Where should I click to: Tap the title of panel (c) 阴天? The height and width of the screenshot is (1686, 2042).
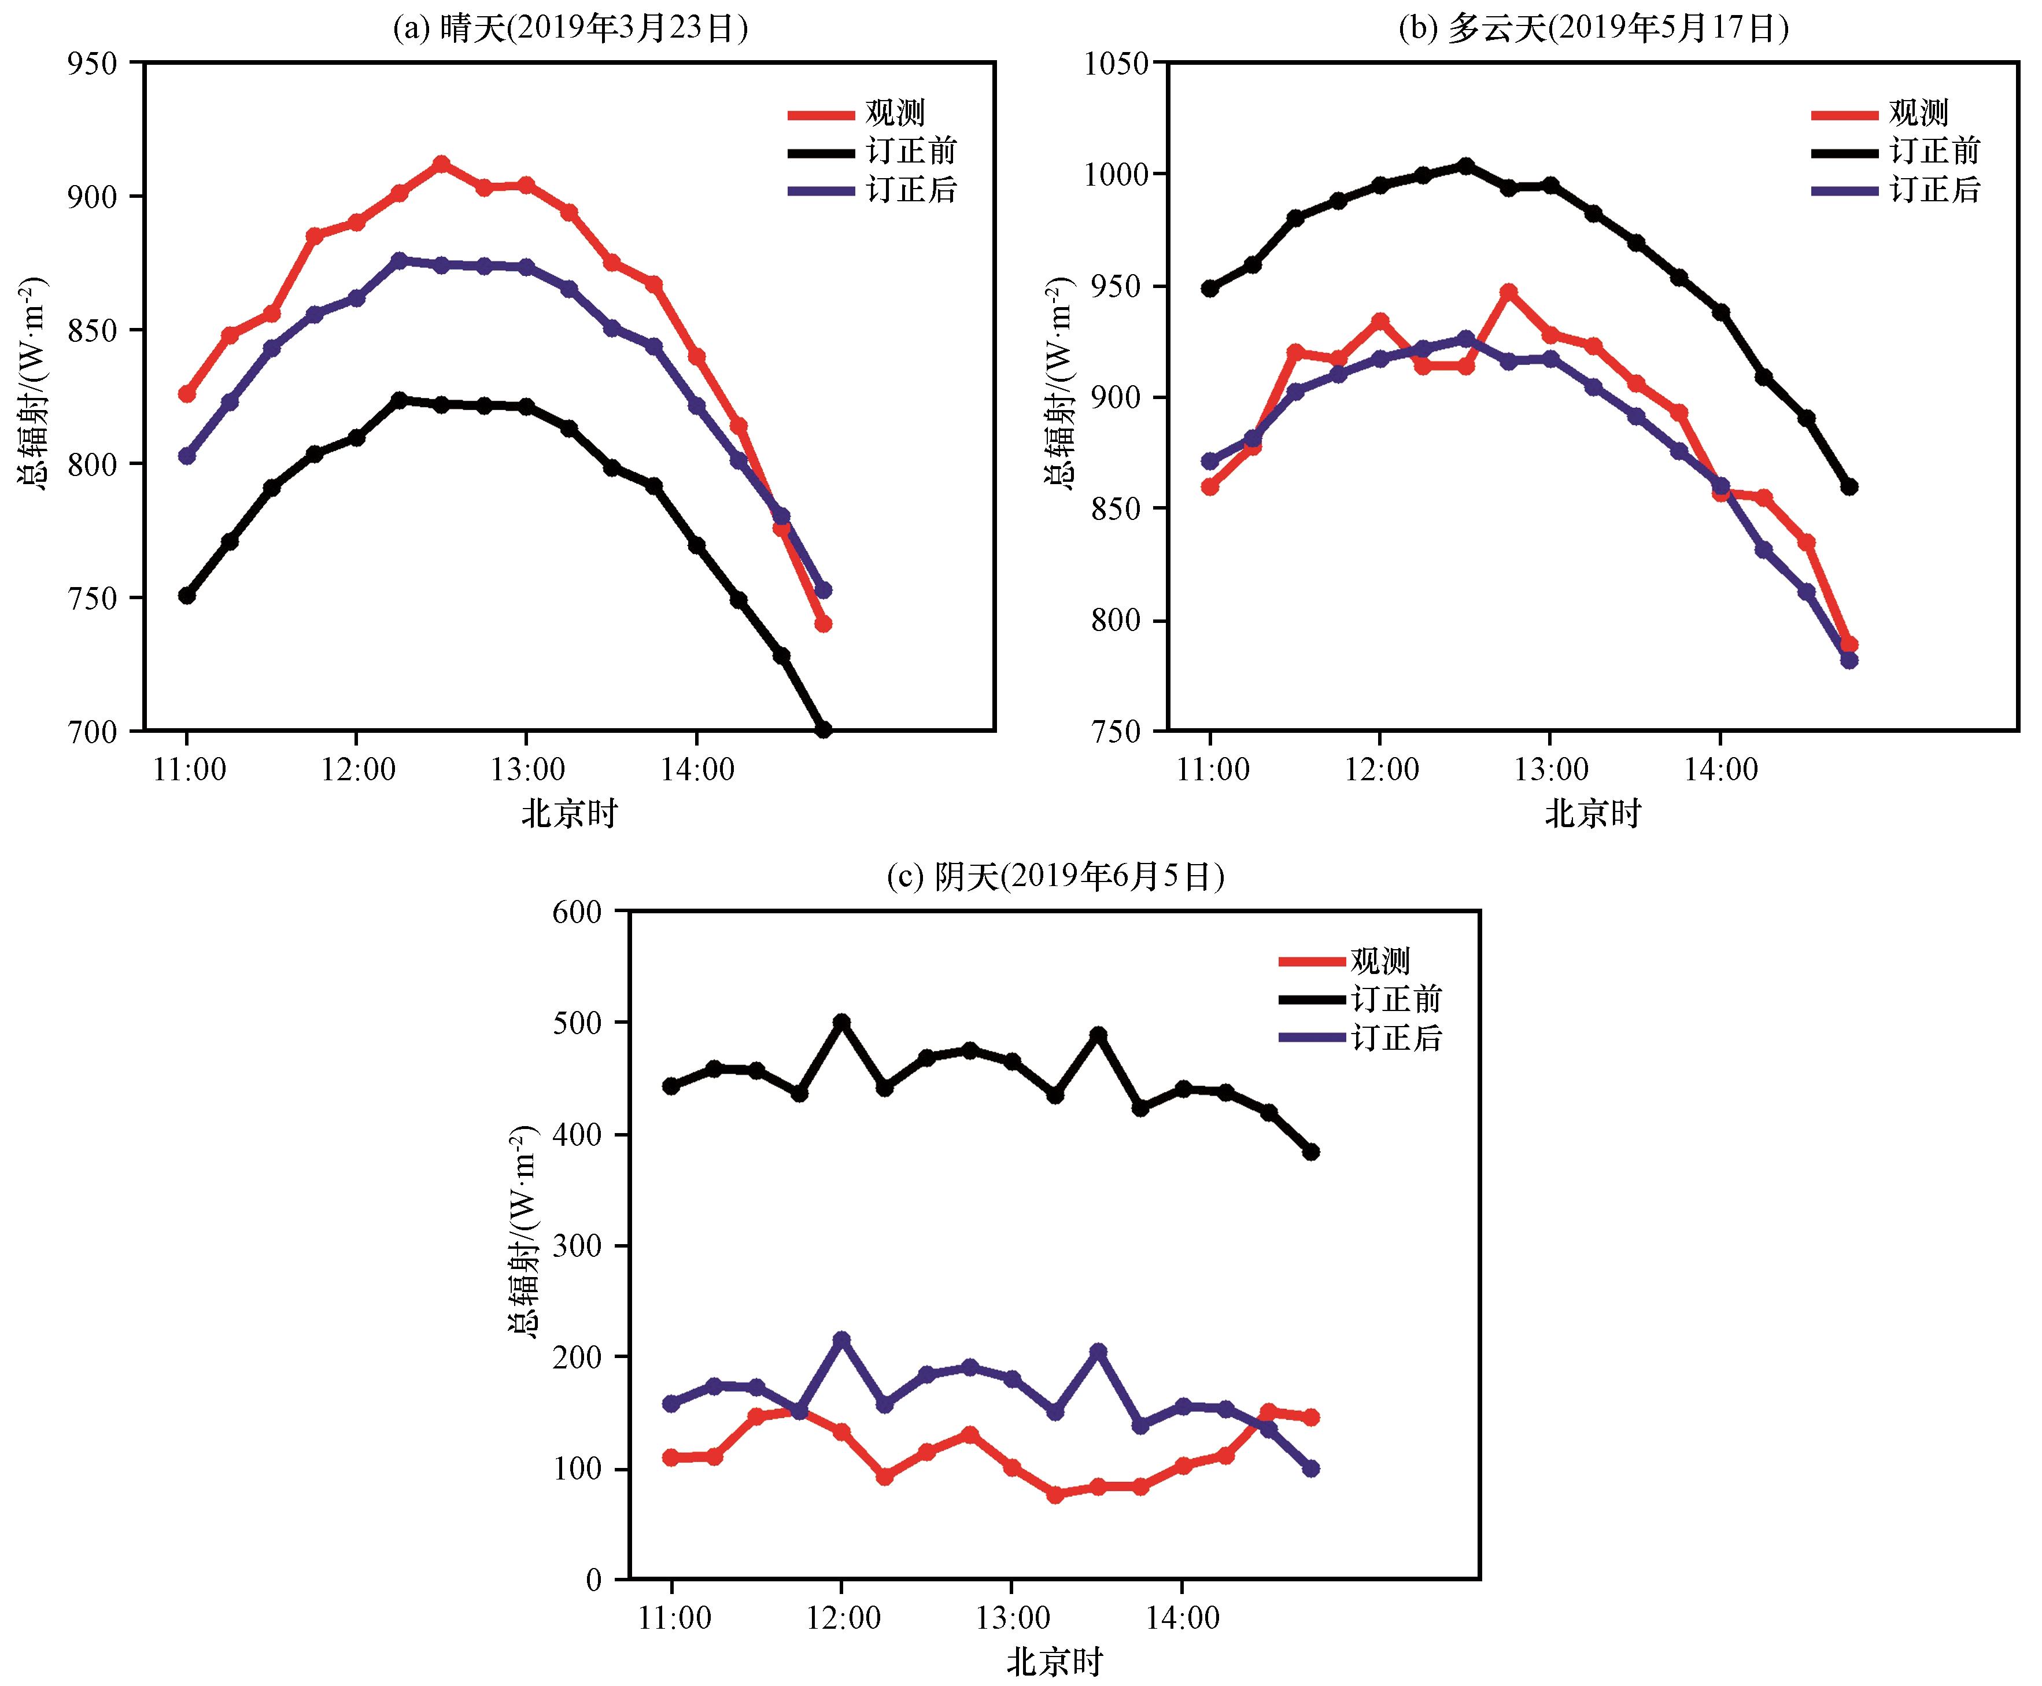pos(1055,877)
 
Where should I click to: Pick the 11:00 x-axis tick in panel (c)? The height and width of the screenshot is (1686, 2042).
pos(674,1618)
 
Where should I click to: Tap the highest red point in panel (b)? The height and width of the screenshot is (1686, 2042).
pos(1508,292)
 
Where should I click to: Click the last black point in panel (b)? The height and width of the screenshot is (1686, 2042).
pos(1849,486)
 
